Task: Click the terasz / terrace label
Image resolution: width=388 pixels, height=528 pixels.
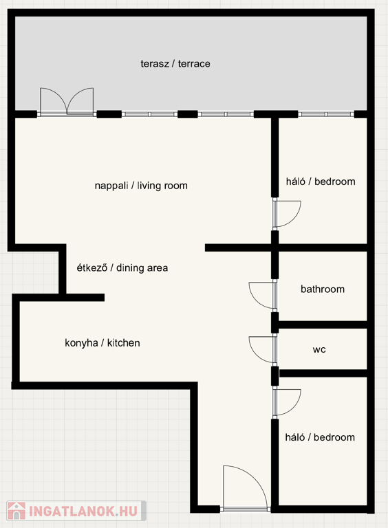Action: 175,64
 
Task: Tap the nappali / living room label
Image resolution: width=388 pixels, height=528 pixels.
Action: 141,186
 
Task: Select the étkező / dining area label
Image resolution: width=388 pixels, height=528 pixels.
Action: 122,267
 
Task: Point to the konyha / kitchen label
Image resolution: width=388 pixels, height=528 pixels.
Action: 103,343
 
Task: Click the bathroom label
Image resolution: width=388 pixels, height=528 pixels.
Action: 323,289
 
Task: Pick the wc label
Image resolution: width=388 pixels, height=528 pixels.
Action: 319,349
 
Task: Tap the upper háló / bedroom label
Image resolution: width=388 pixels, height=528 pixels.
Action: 321,181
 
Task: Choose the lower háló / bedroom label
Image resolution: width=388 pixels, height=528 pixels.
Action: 320,437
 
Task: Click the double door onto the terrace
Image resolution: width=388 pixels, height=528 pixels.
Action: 67,101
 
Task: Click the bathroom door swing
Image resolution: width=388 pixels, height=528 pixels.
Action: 262,296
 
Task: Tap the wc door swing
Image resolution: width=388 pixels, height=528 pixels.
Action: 262,349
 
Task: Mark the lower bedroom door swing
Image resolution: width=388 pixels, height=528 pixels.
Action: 287,403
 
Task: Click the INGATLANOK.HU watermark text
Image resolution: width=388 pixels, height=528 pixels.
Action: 83,511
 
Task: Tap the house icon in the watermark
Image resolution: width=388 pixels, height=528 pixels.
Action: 17,511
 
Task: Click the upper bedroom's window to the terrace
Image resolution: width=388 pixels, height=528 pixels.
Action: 326,115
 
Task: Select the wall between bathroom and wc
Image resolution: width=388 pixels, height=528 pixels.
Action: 322,324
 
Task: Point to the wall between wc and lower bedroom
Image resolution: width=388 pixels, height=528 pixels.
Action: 323,373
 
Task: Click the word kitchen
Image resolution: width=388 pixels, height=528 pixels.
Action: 124,343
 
